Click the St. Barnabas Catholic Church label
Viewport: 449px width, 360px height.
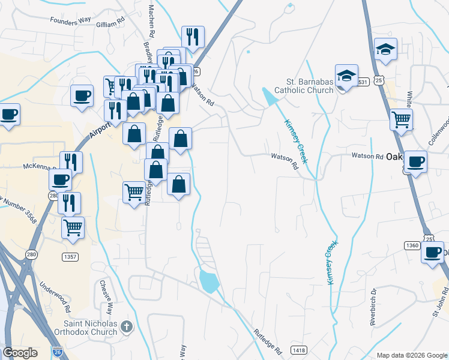pyautogui.click(x=304, y=86)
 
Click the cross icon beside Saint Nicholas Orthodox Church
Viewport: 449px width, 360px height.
pyautogui.click(x=126, y=327)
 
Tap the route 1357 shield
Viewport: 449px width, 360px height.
pyautogui.click(x=71, y=257)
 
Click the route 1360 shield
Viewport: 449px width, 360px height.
pyautogui.click(x=412, y=245)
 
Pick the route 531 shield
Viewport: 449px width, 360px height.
pyautogui.click(x=360, y=82)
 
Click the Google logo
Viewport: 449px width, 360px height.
pyautogui.click(x=20, y=353)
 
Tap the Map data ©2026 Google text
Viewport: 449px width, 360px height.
pyautogui.click(x=412, y=355)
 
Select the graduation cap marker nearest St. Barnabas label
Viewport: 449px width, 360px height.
pyautogui.click(x=346, y=76)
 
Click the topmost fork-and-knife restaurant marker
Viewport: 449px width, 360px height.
pyautogui.click(x=193, y=37)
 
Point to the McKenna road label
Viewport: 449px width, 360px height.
pyautogui.click(x=38, y=167)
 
